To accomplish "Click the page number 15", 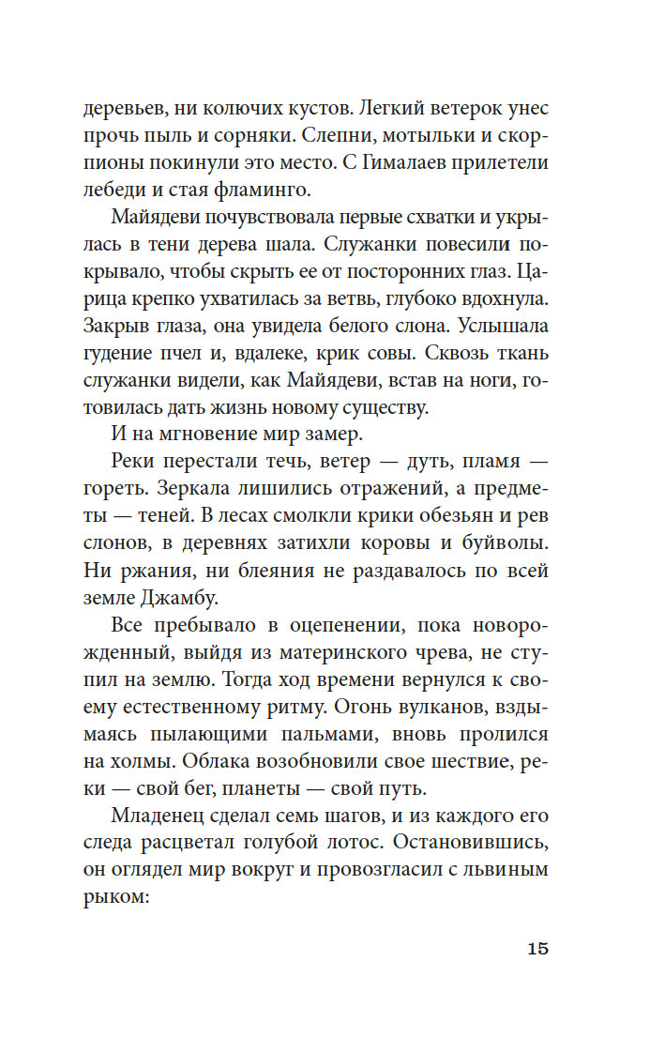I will tap(537, 948).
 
